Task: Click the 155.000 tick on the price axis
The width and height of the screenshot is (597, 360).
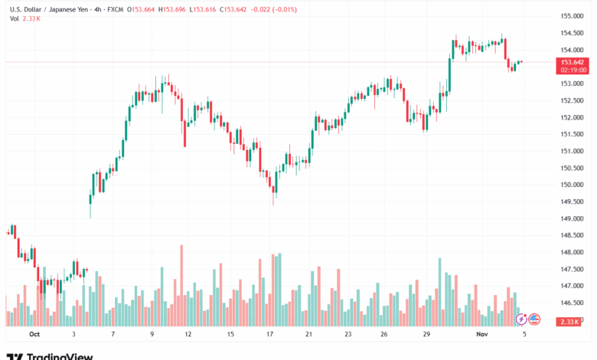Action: [573, 16]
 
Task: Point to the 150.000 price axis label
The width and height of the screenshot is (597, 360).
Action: [573, 185]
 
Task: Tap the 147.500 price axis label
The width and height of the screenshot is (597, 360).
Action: [573, 269]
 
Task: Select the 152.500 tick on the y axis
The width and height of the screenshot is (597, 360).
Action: [573, 100]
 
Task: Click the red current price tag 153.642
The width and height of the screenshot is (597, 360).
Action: [573, 62]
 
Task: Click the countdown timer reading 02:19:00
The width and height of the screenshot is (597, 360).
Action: [573, 70]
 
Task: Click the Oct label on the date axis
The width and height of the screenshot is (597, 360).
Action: [34, 335]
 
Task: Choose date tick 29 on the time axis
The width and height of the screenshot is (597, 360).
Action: [425, 335]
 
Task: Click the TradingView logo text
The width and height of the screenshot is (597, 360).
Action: [60, 355]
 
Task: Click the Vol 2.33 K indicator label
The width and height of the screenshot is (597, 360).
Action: [25, 18]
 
